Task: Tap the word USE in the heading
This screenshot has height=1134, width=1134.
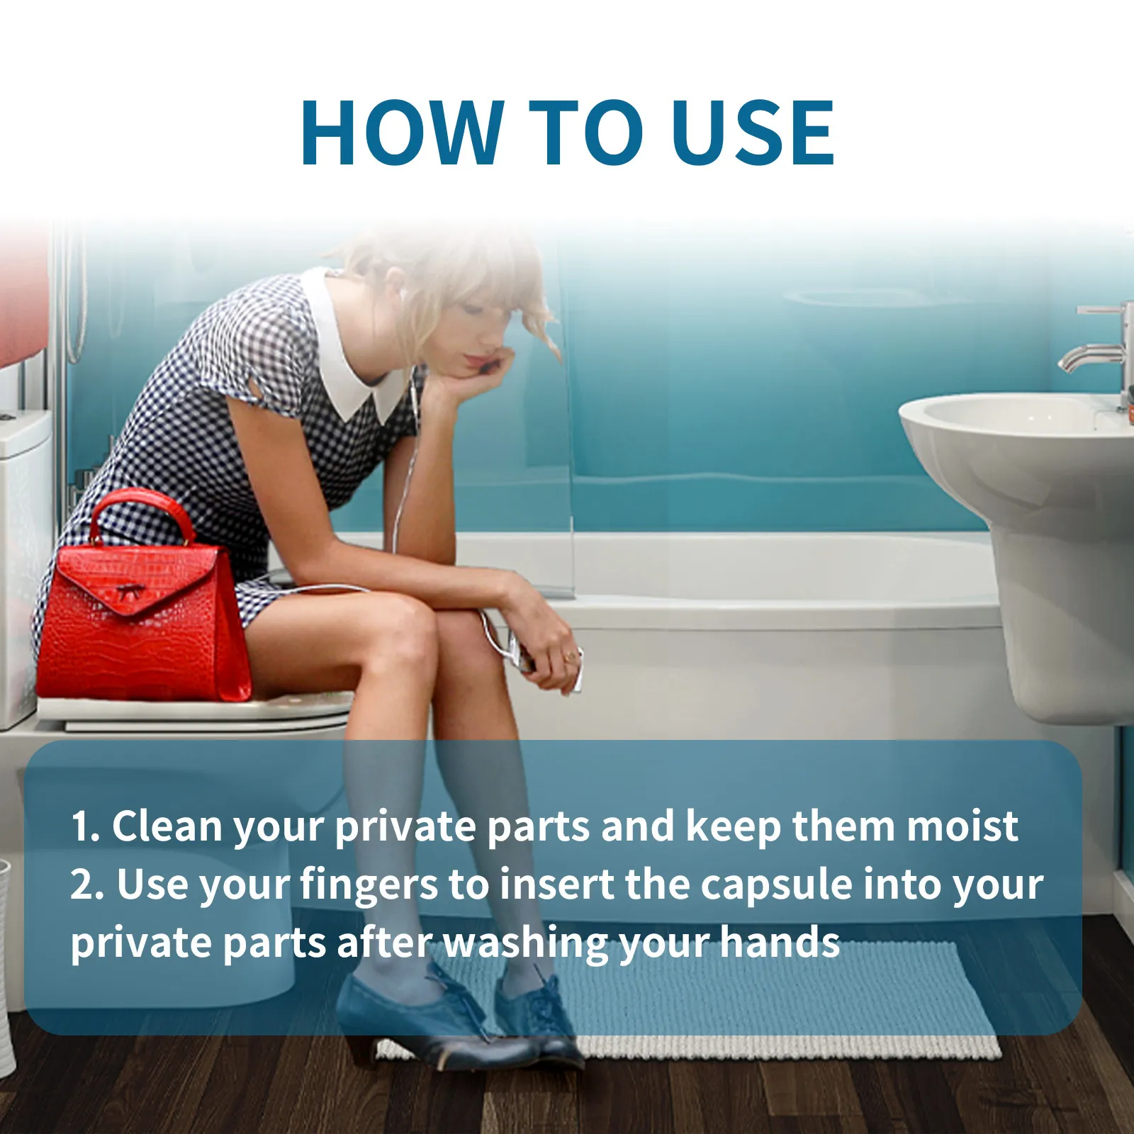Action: click(x=753, y=133)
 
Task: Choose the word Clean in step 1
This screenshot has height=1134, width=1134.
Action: click(x=167, y=826)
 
